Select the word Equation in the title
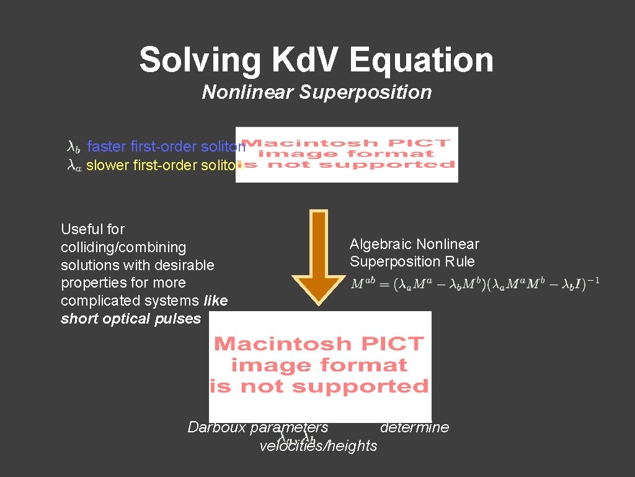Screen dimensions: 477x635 (421, 60)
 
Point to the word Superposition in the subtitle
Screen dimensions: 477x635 (365, 93)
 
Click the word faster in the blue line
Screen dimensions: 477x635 (107, 147)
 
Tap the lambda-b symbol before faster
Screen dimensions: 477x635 (73, 147)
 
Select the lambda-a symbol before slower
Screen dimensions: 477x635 (74, 166)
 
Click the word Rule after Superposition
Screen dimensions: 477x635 (460, 261)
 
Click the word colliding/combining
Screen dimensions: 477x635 (123, 247)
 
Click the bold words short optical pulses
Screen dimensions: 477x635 (131, 319)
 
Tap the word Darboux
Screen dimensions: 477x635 (215, 427)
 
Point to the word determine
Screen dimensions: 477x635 (414, 427)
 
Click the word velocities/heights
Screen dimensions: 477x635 (318, 446)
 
